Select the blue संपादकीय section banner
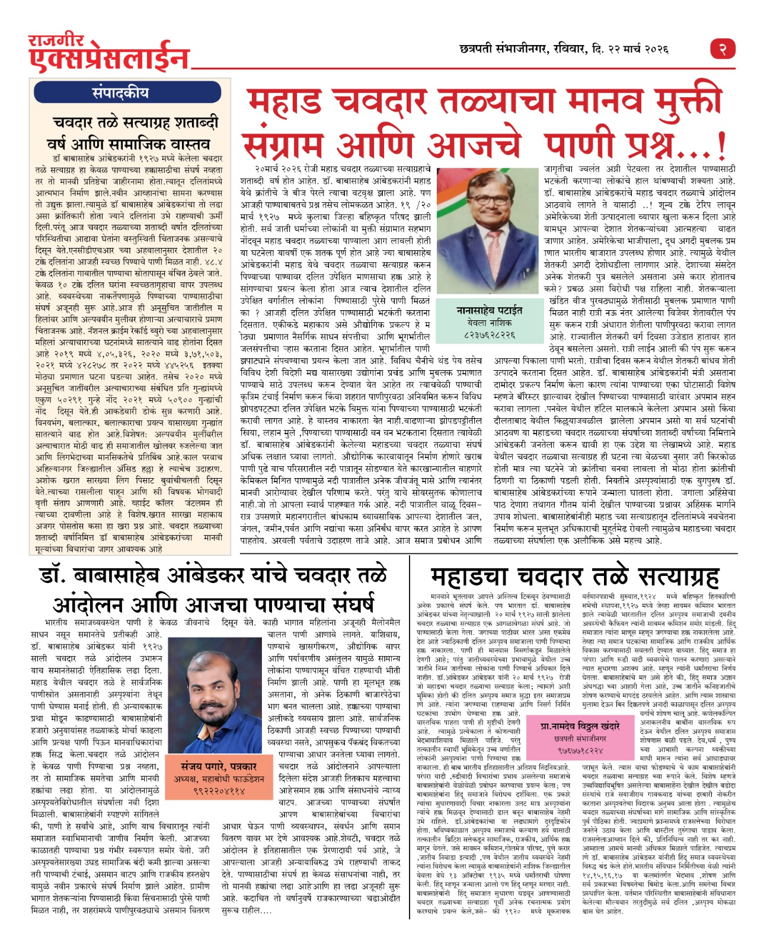(x=128, y=93)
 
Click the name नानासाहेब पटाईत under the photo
(x=489, y=310)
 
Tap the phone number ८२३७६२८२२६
(x=489, y=335)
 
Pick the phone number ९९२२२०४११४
(x=219, y=791)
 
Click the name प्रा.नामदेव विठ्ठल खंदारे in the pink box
(x=580, y=726)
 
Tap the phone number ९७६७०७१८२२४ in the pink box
(x=580, y=750)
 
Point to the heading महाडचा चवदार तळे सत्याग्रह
(x=574, y=576)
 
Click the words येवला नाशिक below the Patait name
(x=489, y=323)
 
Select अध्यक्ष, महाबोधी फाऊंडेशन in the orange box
(x=219, y=779)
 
